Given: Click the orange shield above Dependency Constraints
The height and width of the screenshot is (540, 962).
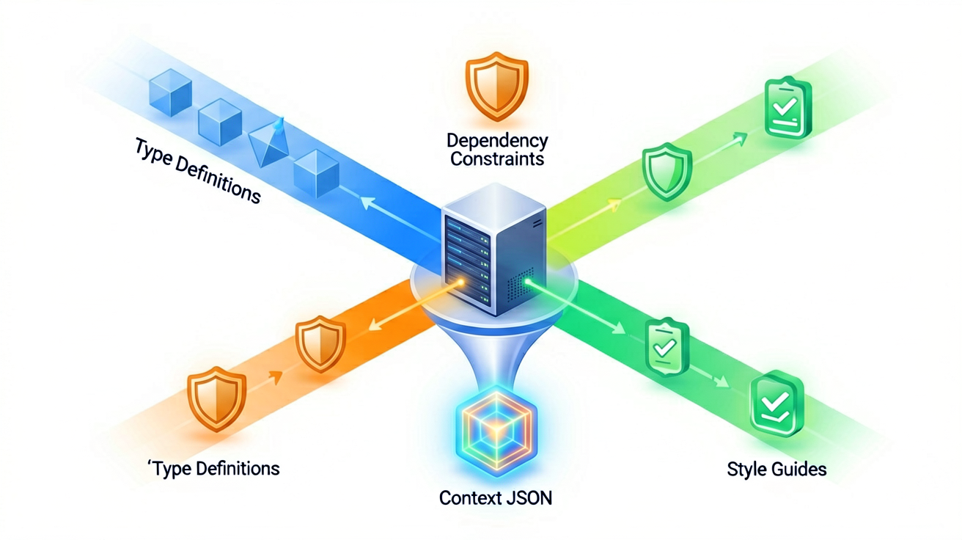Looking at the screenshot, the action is coord(497,87).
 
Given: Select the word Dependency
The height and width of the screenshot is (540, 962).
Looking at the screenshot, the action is coord(497,142).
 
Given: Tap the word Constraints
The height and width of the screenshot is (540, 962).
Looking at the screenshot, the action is coord(497,159).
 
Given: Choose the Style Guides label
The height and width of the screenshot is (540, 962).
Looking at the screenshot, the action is coord(776,469).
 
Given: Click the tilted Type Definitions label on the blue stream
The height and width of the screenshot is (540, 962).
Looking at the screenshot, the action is coord(197,170).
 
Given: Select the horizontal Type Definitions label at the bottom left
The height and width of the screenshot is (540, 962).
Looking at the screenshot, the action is coord(214,469).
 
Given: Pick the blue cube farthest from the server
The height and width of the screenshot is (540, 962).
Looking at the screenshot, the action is coord(170,92).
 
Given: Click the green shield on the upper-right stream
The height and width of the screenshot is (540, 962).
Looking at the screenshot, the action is coord(667,172).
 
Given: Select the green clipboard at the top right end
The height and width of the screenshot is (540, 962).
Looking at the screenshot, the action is coord(788,108).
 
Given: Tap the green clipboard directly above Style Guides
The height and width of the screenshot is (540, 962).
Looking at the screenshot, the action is coord(777,405).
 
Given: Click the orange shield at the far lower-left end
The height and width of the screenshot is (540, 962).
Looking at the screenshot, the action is coord(217,399).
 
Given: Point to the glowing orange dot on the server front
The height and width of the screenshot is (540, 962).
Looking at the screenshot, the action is coord(460,282).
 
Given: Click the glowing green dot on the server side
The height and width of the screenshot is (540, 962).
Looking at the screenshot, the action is coord(528,282).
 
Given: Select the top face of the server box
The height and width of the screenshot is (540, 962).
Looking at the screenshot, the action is coord(494,203).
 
